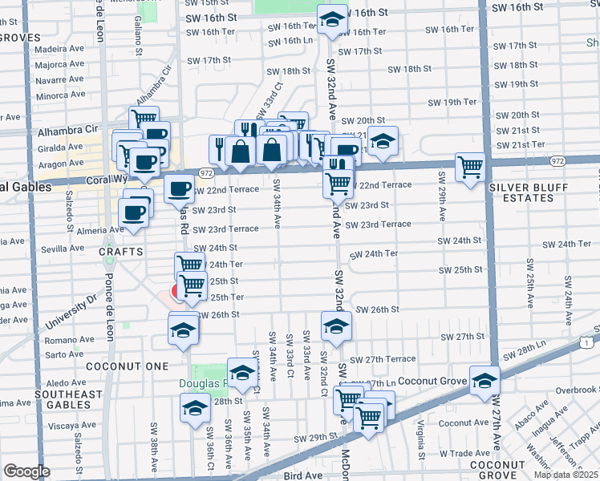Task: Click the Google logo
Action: click(x=26, y=471)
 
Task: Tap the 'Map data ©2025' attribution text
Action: click(x=566, y=475)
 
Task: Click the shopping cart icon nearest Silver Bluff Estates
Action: click(x=469, y=167)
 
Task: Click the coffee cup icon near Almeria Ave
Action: click(x=132, y=213)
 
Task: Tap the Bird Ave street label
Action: click(x=303, y=475)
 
